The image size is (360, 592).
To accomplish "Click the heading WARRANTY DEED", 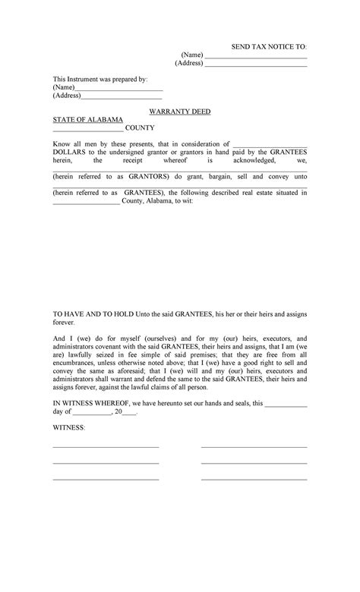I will [179, 112].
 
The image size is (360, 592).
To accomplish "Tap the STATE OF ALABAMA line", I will [87, 120].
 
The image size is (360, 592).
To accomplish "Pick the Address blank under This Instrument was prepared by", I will [122, 97].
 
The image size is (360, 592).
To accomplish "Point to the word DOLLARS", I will [68, 152].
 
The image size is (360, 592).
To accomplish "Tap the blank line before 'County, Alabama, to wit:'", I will [85, 201].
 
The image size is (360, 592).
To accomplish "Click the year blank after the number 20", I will [129, 413].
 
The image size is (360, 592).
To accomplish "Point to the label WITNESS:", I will [69, 429].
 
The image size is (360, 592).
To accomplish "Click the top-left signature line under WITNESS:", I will [106, 447].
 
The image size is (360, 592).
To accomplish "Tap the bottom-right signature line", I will [254, 479].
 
